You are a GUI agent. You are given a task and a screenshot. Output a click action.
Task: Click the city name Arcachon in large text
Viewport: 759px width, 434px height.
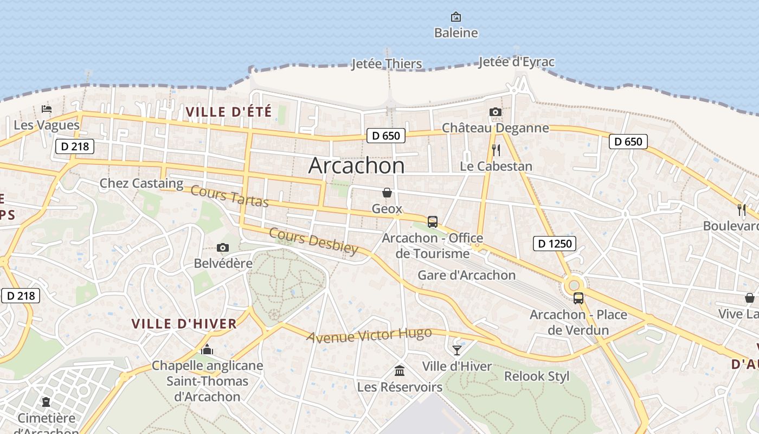pos(356,165)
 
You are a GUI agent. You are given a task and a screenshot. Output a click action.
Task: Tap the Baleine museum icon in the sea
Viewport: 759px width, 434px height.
pos(456,17)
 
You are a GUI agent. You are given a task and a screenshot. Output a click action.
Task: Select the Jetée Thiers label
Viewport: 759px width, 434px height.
pos(387,64)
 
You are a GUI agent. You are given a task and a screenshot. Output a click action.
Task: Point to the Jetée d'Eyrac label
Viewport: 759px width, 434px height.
pos(516,62)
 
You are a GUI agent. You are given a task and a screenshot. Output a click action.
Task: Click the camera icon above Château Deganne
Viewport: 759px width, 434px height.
pos(495,112)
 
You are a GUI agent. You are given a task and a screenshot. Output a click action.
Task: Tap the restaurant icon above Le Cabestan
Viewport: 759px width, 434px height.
pos(496,150)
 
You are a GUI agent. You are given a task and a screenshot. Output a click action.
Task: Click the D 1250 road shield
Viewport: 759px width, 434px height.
pos(554,244)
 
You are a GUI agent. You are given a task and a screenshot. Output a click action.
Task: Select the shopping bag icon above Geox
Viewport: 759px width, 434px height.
pos(387,193)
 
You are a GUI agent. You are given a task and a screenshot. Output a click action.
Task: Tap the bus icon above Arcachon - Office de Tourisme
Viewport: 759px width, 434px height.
pos(432,222)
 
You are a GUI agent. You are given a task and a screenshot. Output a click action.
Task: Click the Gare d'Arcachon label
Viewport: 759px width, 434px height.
pos(466,275)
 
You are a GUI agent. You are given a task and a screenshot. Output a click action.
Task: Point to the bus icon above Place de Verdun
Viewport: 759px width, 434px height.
pos(578,298)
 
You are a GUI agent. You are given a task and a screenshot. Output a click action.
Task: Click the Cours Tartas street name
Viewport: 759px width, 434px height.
pos(229,196)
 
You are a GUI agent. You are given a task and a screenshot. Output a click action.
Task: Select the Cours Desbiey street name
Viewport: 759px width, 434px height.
pos(313,241)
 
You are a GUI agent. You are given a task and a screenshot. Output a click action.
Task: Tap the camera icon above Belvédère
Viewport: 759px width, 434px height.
pos(222,248)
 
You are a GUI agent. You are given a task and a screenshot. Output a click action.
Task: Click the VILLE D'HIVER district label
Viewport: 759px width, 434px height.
pos(184,324)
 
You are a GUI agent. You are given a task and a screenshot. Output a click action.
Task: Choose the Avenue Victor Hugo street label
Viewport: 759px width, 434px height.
pos(369,335)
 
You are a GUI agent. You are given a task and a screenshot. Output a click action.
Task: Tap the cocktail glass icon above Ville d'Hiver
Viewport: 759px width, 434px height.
pos(457,350)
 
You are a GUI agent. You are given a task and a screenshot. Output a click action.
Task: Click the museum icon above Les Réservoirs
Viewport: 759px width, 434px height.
pos(400,371)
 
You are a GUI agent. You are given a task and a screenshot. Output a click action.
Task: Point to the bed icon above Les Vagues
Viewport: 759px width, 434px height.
pos(47,109)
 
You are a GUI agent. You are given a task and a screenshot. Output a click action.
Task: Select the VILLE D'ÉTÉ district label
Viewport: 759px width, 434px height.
pos(228,112)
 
